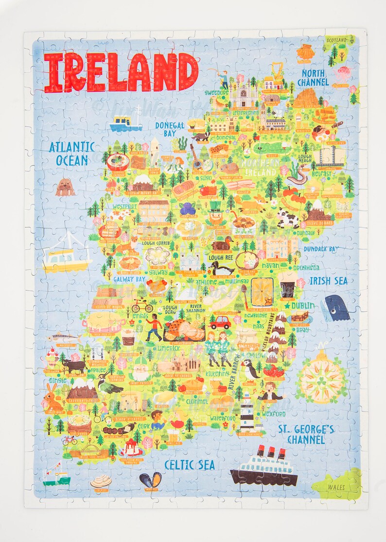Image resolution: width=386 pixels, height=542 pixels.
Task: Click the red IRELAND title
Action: click(121, 72)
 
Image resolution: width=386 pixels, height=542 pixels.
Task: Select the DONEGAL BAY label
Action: click(170, 129)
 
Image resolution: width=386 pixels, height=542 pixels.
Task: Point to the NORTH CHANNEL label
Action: click(313, 78)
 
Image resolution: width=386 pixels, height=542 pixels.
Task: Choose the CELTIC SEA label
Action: click(190, 465)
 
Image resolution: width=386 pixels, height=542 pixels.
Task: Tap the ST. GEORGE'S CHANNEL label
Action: click(306, 434)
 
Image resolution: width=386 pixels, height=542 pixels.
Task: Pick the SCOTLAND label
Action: click(340, 40)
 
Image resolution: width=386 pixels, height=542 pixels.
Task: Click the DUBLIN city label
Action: click(303, 306)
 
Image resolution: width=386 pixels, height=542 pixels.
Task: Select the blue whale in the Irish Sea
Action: click(335, 307)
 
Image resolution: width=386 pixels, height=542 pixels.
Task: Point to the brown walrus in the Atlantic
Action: click(65, 187)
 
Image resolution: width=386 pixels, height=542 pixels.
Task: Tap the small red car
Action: click(220, 322)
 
